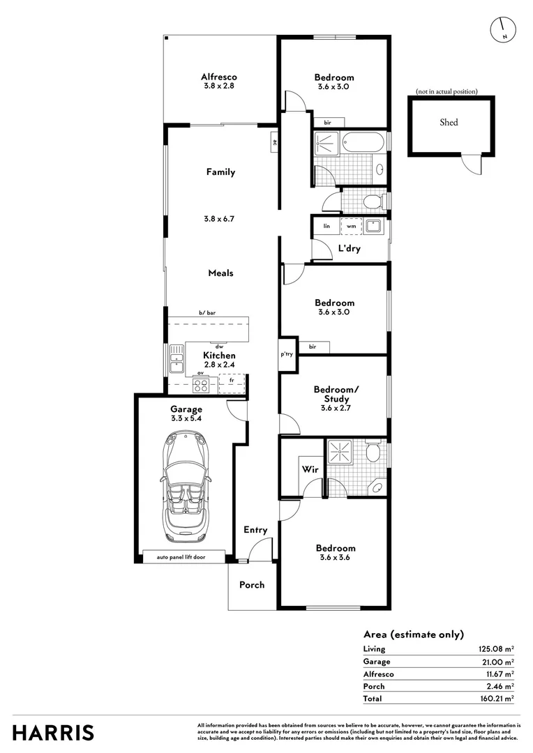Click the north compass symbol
pyautogui.click(x=502, y=28)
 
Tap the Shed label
pyautogui.click(x=449, y=122)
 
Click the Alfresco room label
pyautogui.click(x=218, y=77)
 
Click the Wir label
pyautogui.click(x=310, y=470)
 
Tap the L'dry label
pyautogui.click(x=349, y=249)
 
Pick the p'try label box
pyautogui.click(x=287, y=354)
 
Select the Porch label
pyautogui.click(x=252, y=584)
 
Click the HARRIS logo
pyautogui.click(x=53, y=732)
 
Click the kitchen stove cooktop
pyautogui.click(x=201, y=384)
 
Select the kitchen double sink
pyautogui.click(x=176, y=358)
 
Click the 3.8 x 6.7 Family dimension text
pyautogui.click(x=218, y=218)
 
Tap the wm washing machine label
pyautogui.click(x=352, y=226)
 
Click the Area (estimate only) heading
pyautogui.click(x=413, y=634)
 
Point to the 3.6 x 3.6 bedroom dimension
pyautogui.click(x=336, y=557)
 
